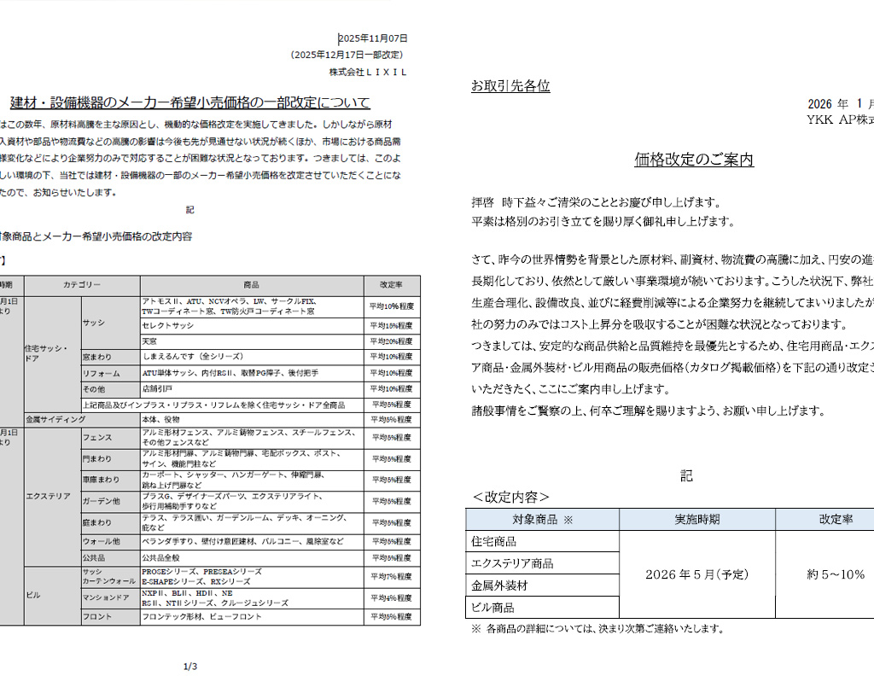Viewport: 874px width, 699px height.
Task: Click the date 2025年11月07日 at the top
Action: click(x=374, y=38)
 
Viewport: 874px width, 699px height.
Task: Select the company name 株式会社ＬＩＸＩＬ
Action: click(x=369, y=73)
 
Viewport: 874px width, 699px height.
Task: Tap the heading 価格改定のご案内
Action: click(x=693, y=160)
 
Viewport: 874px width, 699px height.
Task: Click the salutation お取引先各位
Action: click(x=510, y=86)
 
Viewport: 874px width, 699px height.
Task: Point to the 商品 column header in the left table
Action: click(x=251, y=285)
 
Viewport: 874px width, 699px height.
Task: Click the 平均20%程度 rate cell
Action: click(x=391, y=341)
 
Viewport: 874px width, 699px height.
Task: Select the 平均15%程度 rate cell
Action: click(x=391, y=325)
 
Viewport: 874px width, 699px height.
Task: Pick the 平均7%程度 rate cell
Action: click(x=391, y=577)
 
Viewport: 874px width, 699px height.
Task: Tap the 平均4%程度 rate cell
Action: click(x=391, y=597)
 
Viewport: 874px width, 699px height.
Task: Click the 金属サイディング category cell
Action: click(x=55, y=420)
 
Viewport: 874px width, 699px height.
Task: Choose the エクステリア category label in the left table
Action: click(x=48, y=496)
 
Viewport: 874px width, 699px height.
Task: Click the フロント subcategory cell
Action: click(x=97, y=616)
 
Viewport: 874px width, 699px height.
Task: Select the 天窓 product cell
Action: click(x=151, y=341)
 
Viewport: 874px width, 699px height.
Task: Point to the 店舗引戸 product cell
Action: click(x=158, y=388)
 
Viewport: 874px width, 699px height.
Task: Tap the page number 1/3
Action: click(x=190, y=667)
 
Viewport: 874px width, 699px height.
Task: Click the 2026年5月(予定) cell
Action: click(x=696, y=574)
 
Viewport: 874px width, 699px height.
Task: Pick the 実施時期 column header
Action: click(x=696, y=519)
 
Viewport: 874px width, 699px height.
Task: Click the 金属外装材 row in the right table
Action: click(x=499, y=585)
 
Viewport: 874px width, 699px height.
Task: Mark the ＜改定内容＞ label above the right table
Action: click(x=510, y=497)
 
